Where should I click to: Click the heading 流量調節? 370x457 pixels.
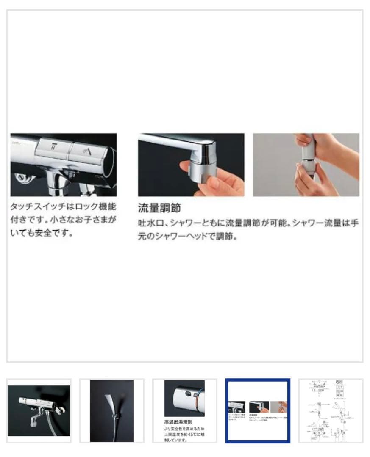(159, 208)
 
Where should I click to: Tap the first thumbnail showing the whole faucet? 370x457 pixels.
(39, 410)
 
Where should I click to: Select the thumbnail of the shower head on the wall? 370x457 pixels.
(112, 410)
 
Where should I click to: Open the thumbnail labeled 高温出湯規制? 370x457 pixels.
(185, 410)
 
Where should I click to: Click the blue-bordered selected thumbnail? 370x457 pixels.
(258, 410)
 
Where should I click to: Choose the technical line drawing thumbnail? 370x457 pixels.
(331, 410)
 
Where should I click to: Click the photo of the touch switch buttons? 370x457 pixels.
(64, 165)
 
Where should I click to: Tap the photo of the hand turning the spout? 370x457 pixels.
(191, 165)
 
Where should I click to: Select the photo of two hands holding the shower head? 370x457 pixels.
(306, 165)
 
